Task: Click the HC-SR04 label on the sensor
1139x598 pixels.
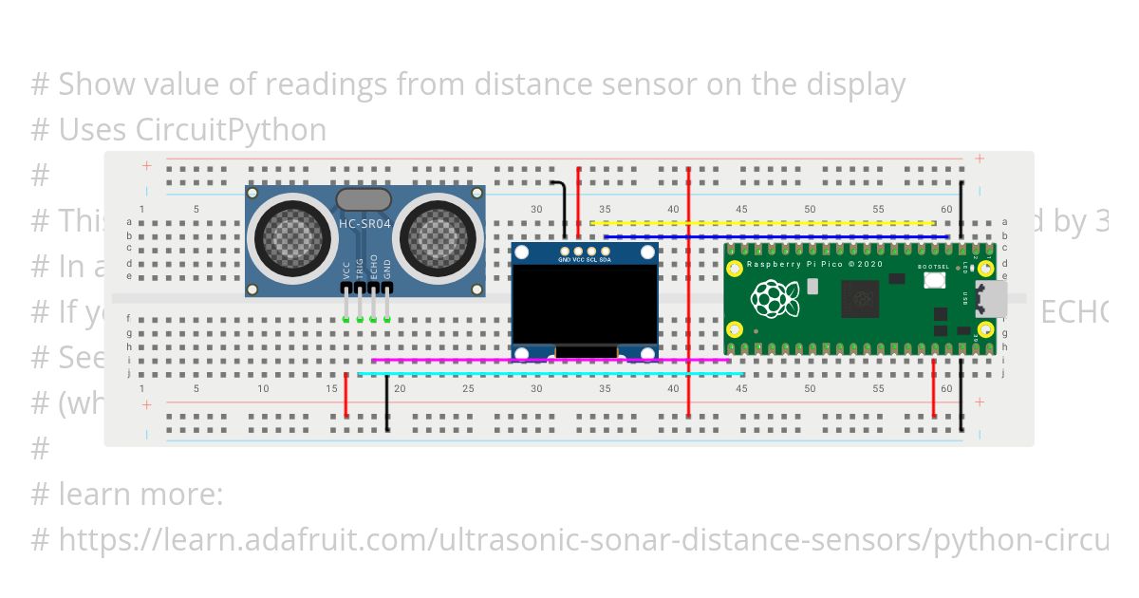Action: coord(364,224)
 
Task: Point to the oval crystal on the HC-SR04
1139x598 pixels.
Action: coord(364,198)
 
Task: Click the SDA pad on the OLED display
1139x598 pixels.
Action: coord(606,251)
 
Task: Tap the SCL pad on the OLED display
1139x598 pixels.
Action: coord(591,251)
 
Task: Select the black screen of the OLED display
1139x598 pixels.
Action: coord(585,305)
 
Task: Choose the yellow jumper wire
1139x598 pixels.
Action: coord(759,224)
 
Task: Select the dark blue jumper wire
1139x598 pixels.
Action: coord(774,236)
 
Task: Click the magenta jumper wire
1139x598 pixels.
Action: coord(551,361)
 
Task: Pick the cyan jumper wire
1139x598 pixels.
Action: coord(551,374)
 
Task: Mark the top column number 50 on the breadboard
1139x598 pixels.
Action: coord(810,209)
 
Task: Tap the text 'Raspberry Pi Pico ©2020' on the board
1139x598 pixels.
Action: coord(815,264)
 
